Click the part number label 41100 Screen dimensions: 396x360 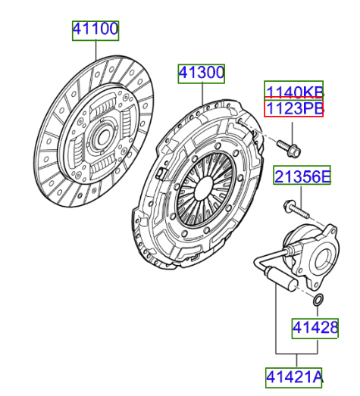click(95, 30)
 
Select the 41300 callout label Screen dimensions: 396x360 click(202, 73)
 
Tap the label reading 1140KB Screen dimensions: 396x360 click(293, 92)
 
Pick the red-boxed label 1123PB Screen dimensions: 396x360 click(293, 111)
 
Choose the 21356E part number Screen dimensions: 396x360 click(302, 177)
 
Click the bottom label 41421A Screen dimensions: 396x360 click(294, 376)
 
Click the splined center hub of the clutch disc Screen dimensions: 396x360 click(98, 139)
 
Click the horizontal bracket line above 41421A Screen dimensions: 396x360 click(296, 354)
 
